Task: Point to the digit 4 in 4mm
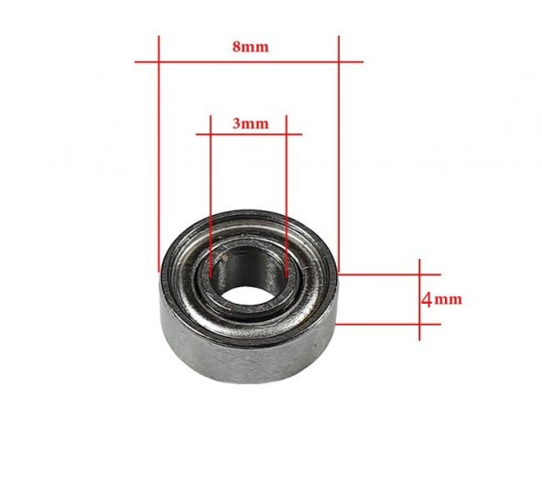pyautogui.click(x=427, y=299)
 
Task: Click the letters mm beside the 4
pyautogui.click(x=449, y=299)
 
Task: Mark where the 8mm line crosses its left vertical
pyautogui.click(x=159, y=61)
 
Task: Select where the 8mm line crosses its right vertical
pyautogui.click(x=339, y=61)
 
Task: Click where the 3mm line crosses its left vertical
pyautogui.click(x=211, y=134)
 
